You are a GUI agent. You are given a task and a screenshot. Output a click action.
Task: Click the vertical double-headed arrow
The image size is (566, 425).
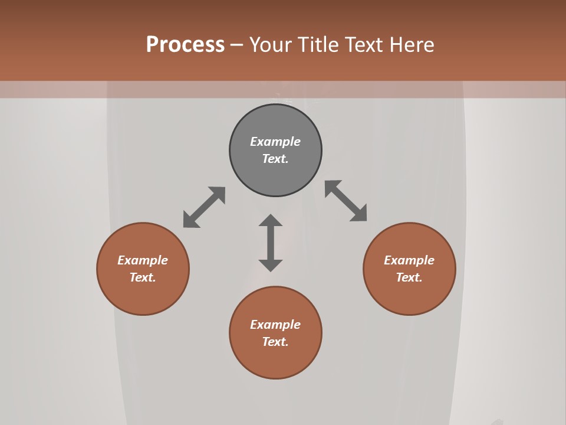[x=271, y=243]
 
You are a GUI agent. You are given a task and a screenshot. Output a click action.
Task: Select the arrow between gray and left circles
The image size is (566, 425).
[x=204, y=207]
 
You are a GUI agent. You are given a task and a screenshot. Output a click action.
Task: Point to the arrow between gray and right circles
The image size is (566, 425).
[x=346, y=201]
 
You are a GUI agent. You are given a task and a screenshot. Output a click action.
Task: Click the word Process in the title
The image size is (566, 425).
[x=185, y=45]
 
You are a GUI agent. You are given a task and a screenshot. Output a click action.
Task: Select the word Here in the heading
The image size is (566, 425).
[x=412, y=45]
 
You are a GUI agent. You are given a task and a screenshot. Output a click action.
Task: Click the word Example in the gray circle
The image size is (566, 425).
[x=275, y=142]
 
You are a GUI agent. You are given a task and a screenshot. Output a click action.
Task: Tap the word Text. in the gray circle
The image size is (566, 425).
[x=275, y=159]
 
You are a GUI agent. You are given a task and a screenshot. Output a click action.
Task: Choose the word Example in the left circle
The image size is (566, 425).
[x=143, y=260]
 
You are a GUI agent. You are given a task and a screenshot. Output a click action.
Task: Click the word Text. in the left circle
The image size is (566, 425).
[x=143, y=277]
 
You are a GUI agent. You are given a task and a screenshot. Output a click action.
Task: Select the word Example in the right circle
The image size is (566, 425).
[x=409, y=260]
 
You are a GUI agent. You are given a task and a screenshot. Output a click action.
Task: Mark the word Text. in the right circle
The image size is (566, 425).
[x=409, y=277]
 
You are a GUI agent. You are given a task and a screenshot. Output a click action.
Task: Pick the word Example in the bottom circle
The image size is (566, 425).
[x=275, y=325]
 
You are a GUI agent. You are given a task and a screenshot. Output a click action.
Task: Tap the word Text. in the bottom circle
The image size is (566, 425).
[x=275, y=342]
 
